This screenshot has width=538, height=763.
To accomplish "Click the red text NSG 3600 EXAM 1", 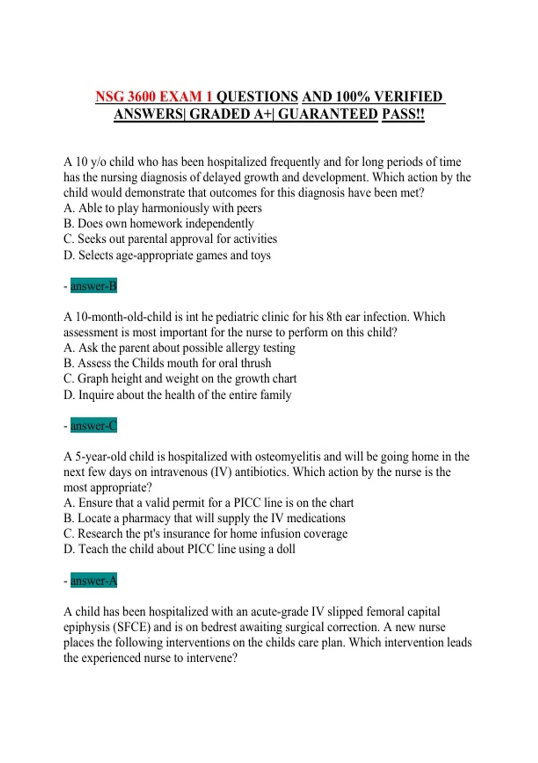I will point(153,96).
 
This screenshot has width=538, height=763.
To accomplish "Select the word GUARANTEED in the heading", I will point(328,114).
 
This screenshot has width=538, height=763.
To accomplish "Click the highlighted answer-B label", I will point(93,286).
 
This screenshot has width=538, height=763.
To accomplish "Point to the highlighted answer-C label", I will point(93,425).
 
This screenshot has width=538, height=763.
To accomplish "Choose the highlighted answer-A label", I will point(93,581).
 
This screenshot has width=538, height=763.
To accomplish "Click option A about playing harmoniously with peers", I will point(163,208).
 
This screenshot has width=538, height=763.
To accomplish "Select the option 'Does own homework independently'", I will point(159,224).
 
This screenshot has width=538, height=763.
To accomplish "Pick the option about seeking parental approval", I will point(170,239).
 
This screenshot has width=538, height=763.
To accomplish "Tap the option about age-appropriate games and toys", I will point(167,255).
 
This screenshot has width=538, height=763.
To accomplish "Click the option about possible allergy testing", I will point(179,348).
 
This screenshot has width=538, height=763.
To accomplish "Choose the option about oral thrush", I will point(167,363).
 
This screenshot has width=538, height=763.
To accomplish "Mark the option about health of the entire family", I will point(178,395).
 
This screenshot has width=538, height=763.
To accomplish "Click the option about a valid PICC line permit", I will point(208,503).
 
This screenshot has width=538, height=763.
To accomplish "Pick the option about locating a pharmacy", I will point(204,518).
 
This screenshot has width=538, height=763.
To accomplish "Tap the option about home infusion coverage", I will point(205,534).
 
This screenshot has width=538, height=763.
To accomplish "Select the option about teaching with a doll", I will point(179,549).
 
